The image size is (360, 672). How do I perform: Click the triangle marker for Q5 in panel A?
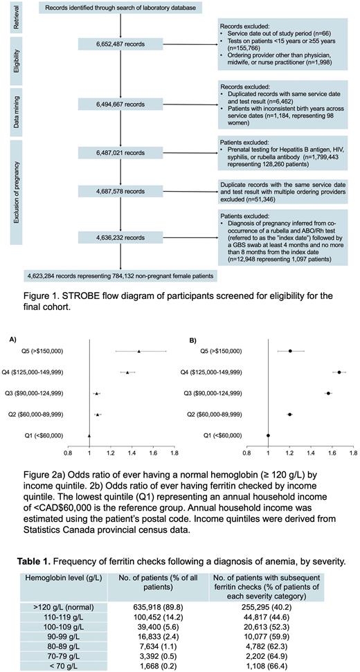[x=138, y=352]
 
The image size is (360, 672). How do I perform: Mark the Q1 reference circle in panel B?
[x=268, y=435]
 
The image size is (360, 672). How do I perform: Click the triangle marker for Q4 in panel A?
[x=127, y=372]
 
